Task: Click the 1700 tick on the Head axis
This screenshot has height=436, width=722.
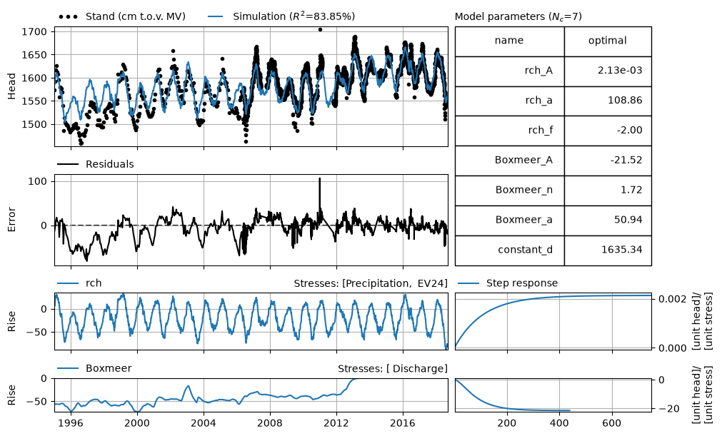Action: click(34, 31)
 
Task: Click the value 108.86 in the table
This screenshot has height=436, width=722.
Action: click(625, 101)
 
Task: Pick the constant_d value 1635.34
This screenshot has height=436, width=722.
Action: click(621, 250)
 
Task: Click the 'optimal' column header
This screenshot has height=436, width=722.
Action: click(607, 41)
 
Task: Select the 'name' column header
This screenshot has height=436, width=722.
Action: click(508, 41)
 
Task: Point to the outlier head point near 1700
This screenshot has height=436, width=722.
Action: click(320, 30)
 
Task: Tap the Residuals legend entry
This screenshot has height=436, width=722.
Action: click(95, 164)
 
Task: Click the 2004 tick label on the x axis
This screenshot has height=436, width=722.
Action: click(204, 422)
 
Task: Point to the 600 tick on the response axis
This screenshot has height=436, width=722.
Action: click(612, 422)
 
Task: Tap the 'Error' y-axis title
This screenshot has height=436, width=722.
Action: click(11, 220)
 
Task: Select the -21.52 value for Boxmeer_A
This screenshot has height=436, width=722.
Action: click(626, 160)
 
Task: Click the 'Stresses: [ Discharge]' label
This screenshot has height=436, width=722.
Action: click(393, 368)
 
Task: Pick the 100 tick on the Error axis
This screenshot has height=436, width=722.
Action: click(37, 182)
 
